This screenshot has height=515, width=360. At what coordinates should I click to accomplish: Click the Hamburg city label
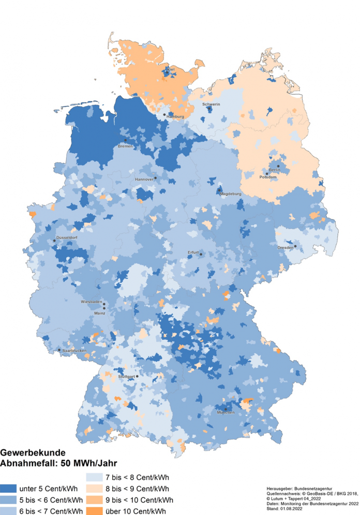(175, 117)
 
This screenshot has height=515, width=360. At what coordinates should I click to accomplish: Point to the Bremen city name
(125, 146)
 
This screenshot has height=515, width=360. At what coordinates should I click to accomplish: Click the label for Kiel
(170, 69)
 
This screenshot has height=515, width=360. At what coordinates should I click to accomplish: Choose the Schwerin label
(212, 104)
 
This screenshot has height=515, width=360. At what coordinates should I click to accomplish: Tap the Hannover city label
(144, 179)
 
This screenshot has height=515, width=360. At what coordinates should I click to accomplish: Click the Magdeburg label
(231, 194)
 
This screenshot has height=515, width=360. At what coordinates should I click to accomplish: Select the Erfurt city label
(193, 252)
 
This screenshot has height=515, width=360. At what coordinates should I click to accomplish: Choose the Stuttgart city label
(127, 376)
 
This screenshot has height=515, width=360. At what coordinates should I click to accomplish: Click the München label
(226, 412)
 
